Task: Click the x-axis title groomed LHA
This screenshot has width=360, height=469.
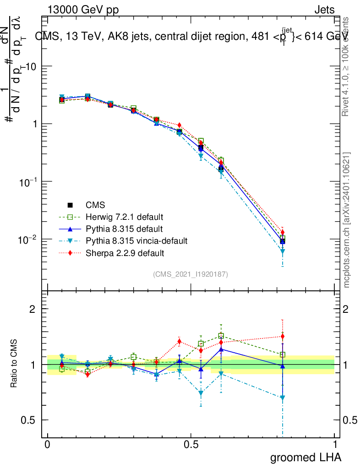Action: [x=305, y=457]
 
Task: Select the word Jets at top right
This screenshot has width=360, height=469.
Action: [x=324, y=10]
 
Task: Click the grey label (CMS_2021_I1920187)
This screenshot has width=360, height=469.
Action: [x=191, y=274]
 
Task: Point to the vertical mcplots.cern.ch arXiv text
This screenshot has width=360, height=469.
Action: [x=347, y=220]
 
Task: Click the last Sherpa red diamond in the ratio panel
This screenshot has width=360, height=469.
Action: [x=283, y=336]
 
